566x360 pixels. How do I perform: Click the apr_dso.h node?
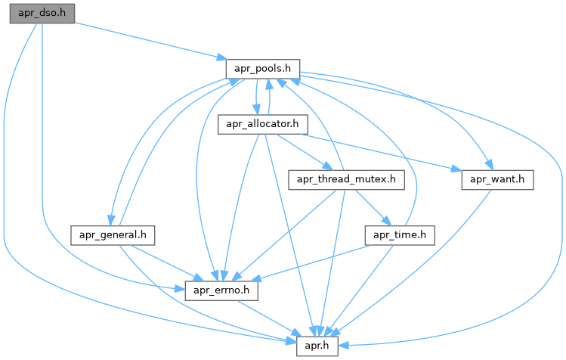coord(42,14)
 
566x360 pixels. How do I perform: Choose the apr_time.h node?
coord(400,234)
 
